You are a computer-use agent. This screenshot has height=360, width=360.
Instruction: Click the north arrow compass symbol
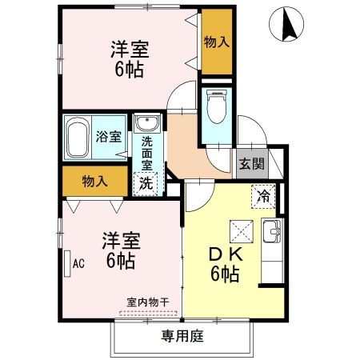pyautogui.click(x=287, y=25)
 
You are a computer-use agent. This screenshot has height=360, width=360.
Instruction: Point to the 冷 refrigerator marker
pyautogui.click(x=262, y=194)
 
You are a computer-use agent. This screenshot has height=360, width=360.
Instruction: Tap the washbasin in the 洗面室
pyautogui.click(x=147, y=124)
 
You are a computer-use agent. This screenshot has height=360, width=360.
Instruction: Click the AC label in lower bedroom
pyautogui.click(x=78, y=262)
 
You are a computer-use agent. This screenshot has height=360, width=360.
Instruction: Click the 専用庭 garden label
pyautogui.click(x=182, y=336)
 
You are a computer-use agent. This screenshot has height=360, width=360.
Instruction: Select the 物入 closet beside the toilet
pyautogui.click(x=216, y=42)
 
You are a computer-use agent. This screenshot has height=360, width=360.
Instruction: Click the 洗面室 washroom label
pyautogui.click(x=147, y=152)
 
